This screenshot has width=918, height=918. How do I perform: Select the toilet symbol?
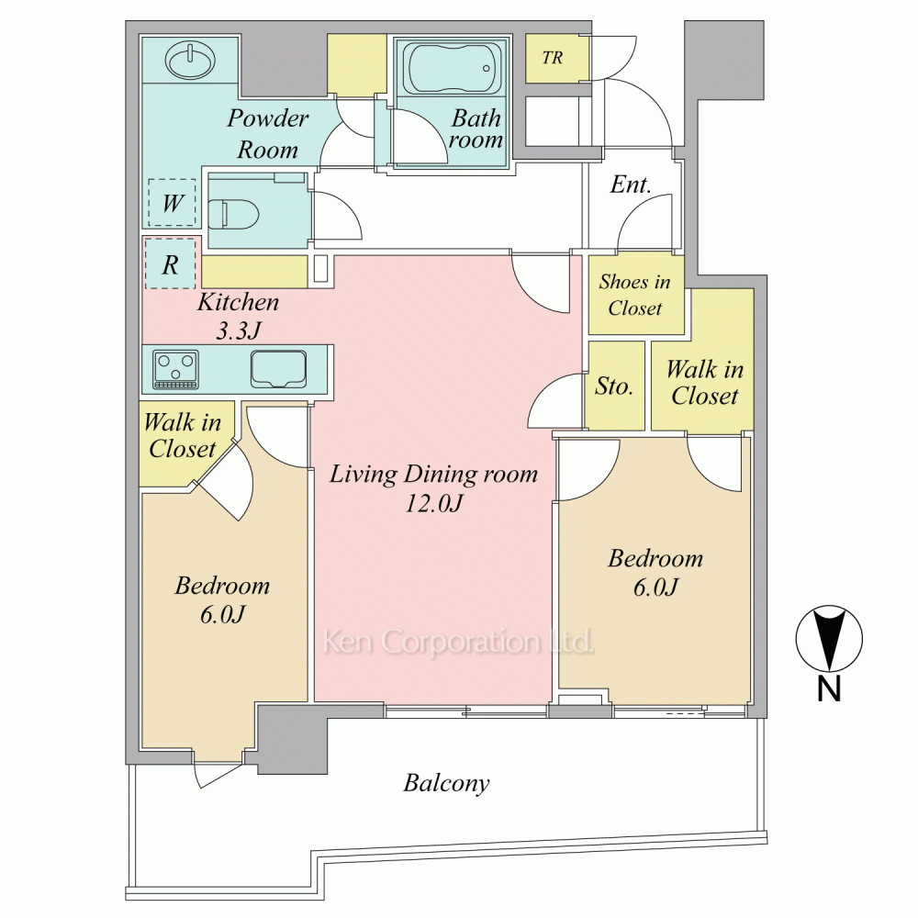coord(233,215)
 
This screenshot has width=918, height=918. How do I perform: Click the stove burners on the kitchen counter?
coord(175,368)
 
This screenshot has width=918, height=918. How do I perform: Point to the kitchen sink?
coord(279,368)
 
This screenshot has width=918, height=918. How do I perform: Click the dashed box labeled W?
coord(172,203)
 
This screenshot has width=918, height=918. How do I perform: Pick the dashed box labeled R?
coord(170,263)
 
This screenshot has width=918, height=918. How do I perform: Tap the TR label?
coord(552,58)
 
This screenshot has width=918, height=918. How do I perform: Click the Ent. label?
coord(630,185)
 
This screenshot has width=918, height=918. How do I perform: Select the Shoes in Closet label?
coord(634,295)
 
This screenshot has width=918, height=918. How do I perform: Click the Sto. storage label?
coord(614,386)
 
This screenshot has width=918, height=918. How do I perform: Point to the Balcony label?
coord(446,783)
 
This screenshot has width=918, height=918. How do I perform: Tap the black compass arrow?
coord(828,638)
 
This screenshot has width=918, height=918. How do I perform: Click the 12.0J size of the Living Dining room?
coord(434,503)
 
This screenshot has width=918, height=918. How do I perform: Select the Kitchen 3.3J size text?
coord(239,331)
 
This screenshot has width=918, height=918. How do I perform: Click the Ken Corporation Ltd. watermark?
coord(458,642)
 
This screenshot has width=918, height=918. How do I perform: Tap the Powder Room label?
coord(267,133)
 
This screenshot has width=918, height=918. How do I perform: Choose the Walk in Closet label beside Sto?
coord(705,382)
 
